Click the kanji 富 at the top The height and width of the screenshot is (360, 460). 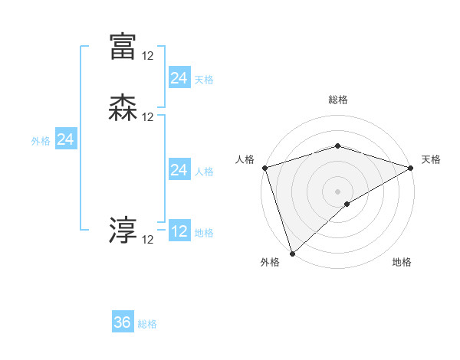[x=123, y=47]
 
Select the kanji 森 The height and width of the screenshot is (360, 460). [x=123, y=107]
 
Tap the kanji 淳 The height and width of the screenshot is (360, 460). [x=123, y=231]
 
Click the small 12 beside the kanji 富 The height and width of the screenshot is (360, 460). [x=148, y=56]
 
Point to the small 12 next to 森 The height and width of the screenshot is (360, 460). [x=148, y=117]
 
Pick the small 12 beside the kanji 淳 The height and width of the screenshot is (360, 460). [x=148, y=240]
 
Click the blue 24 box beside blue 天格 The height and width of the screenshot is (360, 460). [x=179, y=77]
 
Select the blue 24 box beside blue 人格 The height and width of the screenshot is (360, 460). [x=179, y=170]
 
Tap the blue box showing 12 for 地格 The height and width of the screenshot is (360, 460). [x=179, y=231]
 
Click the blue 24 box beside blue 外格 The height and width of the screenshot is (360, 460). [x=66, y=139]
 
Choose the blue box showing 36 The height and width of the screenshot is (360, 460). [x=123, y=322]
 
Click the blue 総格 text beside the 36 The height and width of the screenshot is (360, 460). [x=148, y=324]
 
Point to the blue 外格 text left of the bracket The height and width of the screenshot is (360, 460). [x=41, y=141]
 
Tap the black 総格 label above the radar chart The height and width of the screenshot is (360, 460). [x=337, y=100]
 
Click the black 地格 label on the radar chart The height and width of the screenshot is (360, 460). [x=402, y=263]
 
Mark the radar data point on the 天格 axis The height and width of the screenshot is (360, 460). [x=410, y=168]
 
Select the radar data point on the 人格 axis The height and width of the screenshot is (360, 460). [x=264, y=168]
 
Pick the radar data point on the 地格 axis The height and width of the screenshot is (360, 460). [x=347, y=204]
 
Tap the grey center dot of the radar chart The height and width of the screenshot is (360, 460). [x=337, y=191]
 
